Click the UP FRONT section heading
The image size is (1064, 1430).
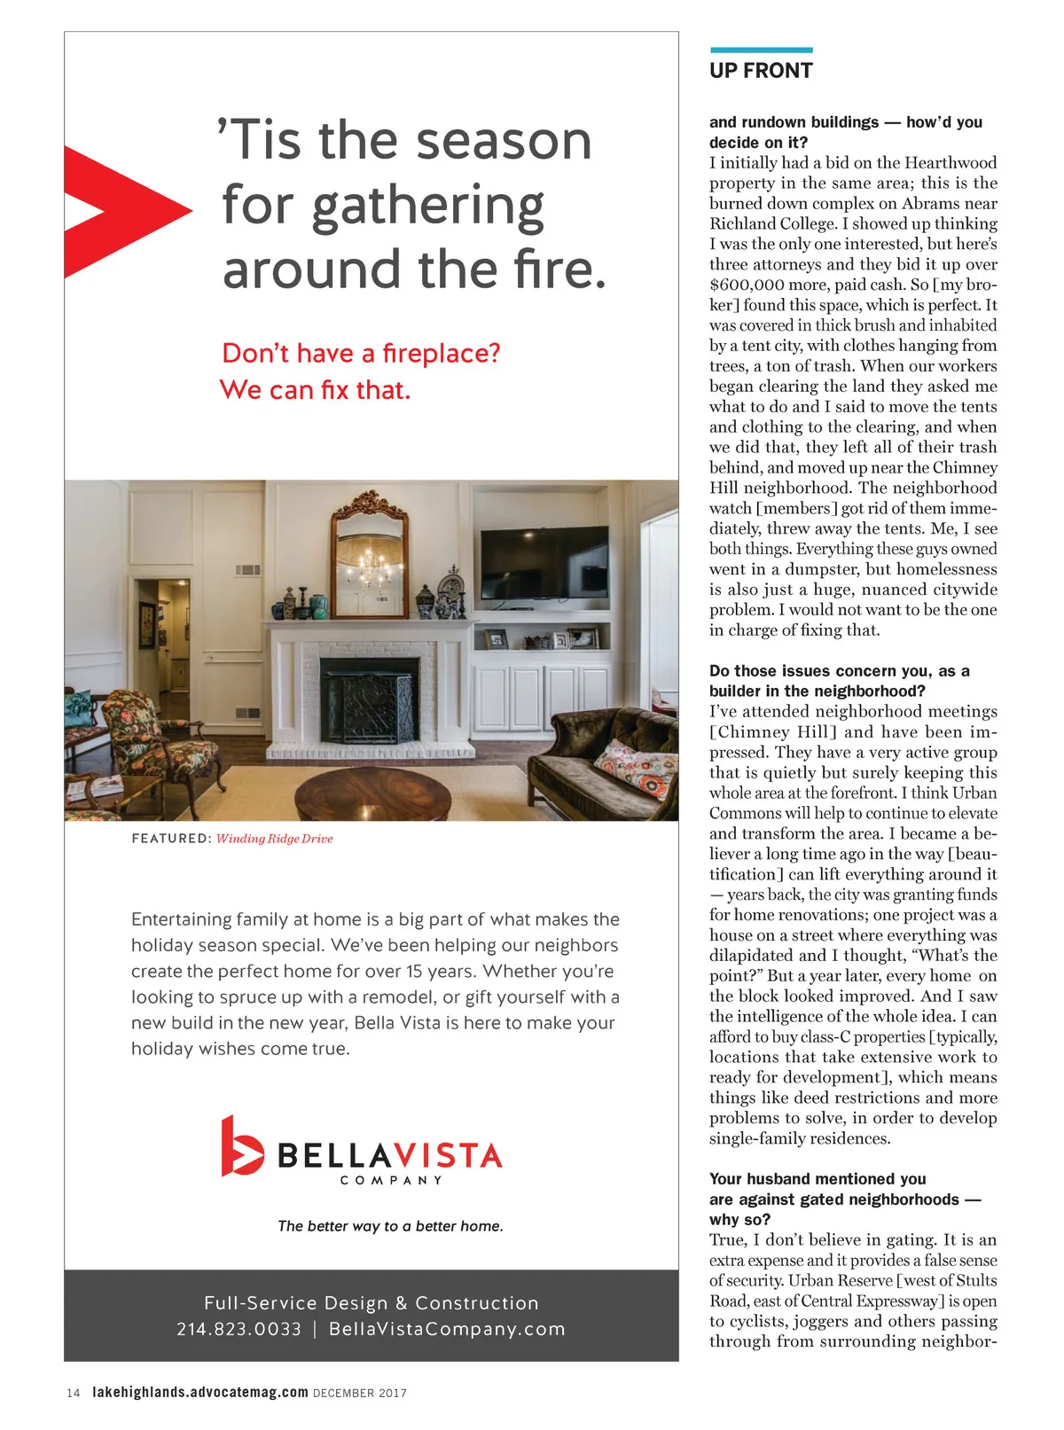point(761,71)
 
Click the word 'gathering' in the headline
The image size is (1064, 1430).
point(383,206)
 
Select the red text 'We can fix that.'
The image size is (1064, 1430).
point(315,390)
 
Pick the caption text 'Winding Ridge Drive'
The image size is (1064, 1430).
point(275,839)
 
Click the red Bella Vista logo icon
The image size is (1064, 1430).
point(240,1146)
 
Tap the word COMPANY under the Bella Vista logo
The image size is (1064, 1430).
point(391,1180)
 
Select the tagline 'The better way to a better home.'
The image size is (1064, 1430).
point(390,1226)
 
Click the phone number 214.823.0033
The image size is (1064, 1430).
point(239,1329)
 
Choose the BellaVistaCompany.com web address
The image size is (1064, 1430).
point(447,1329)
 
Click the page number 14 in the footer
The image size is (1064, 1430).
point(74,1393)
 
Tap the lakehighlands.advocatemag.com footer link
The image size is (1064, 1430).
point(200,1392)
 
